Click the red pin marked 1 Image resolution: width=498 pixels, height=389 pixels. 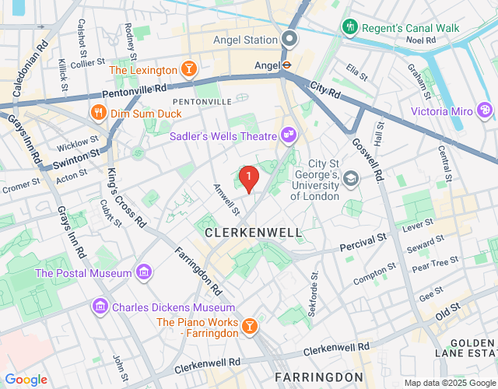tap(248, 179)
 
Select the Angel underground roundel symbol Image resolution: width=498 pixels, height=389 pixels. tap(286, 65)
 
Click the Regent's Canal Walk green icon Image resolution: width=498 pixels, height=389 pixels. tap(350, 28)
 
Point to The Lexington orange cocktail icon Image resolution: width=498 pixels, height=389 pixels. tap(188, 70)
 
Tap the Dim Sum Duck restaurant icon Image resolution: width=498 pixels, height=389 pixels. tap(98, 114)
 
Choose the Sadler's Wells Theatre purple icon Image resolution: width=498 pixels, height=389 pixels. tap(289, 136)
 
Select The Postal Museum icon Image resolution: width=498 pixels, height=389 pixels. tap(143, 272)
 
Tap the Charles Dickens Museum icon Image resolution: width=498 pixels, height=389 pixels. tap(100, 307)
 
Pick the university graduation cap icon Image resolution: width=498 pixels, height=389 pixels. tap(351, 179)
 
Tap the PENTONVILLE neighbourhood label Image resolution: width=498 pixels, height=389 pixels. tap(202, 102)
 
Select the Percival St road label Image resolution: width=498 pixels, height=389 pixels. tap(363, 247)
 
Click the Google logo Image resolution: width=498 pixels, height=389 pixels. tap(26, 380)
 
